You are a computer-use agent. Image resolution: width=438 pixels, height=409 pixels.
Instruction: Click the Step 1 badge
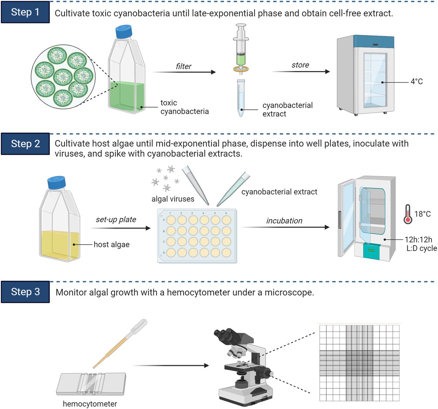coord(25,12)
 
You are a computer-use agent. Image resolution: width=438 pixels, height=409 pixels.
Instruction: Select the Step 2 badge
coord(25,144)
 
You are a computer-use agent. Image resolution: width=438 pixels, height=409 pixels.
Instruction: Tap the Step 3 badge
coord(25,292)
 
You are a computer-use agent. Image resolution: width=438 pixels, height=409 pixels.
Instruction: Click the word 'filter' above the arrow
coord(183,66)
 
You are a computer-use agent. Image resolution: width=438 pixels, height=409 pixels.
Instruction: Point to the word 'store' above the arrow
coord(300,65)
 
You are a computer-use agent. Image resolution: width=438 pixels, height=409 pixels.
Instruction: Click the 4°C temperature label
coord(416,82)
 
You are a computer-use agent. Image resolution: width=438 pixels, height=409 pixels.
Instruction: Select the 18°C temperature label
coord(422,214)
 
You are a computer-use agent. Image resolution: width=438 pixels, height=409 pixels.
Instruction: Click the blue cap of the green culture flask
coord(123,31)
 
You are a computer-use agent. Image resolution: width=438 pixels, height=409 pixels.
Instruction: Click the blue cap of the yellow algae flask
coord(56,183)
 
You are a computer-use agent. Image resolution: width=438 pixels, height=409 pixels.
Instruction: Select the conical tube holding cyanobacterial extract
coord(241,98)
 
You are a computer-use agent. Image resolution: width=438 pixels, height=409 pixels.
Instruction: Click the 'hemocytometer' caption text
coord(90,404)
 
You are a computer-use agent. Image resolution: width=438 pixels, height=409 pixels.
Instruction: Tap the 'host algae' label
coord(111,244)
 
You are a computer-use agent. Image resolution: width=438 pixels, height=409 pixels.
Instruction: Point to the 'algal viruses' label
coord(173,199)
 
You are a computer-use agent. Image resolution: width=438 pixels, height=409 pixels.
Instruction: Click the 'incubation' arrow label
coord(284,221)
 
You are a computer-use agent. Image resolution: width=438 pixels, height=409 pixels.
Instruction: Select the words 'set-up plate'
coord(116,220)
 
